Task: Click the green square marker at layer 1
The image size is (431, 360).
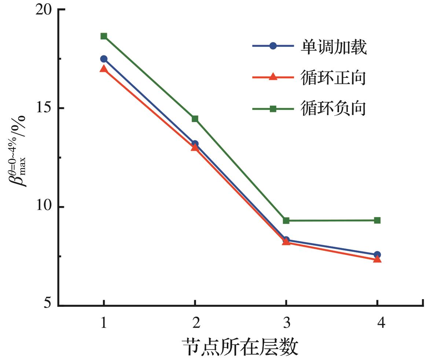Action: (x=104, y=36)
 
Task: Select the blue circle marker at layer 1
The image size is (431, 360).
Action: (x=104, y=59)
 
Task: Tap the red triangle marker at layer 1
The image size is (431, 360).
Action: (x=104, y=69)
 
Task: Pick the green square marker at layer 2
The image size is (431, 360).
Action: (x=195, y=118)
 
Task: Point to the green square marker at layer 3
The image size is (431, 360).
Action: (x=286, y=220)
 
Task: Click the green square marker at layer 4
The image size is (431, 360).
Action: (x=377, y=220)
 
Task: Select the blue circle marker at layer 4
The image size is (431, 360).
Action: (x=377, y=254)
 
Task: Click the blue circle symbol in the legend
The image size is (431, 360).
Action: (x=273, y=46)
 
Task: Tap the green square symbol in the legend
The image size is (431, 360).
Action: (x=273, y=109)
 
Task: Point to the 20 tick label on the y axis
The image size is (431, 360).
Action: (x=43, y=10)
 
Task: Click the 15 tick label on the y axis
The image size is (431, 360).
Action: (x=43, y=109)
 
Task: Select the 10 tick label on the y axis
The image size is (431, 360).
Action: (x=43, y=207)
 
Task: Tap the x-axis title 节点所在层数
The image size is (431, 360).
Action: (x=240, y=346)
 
